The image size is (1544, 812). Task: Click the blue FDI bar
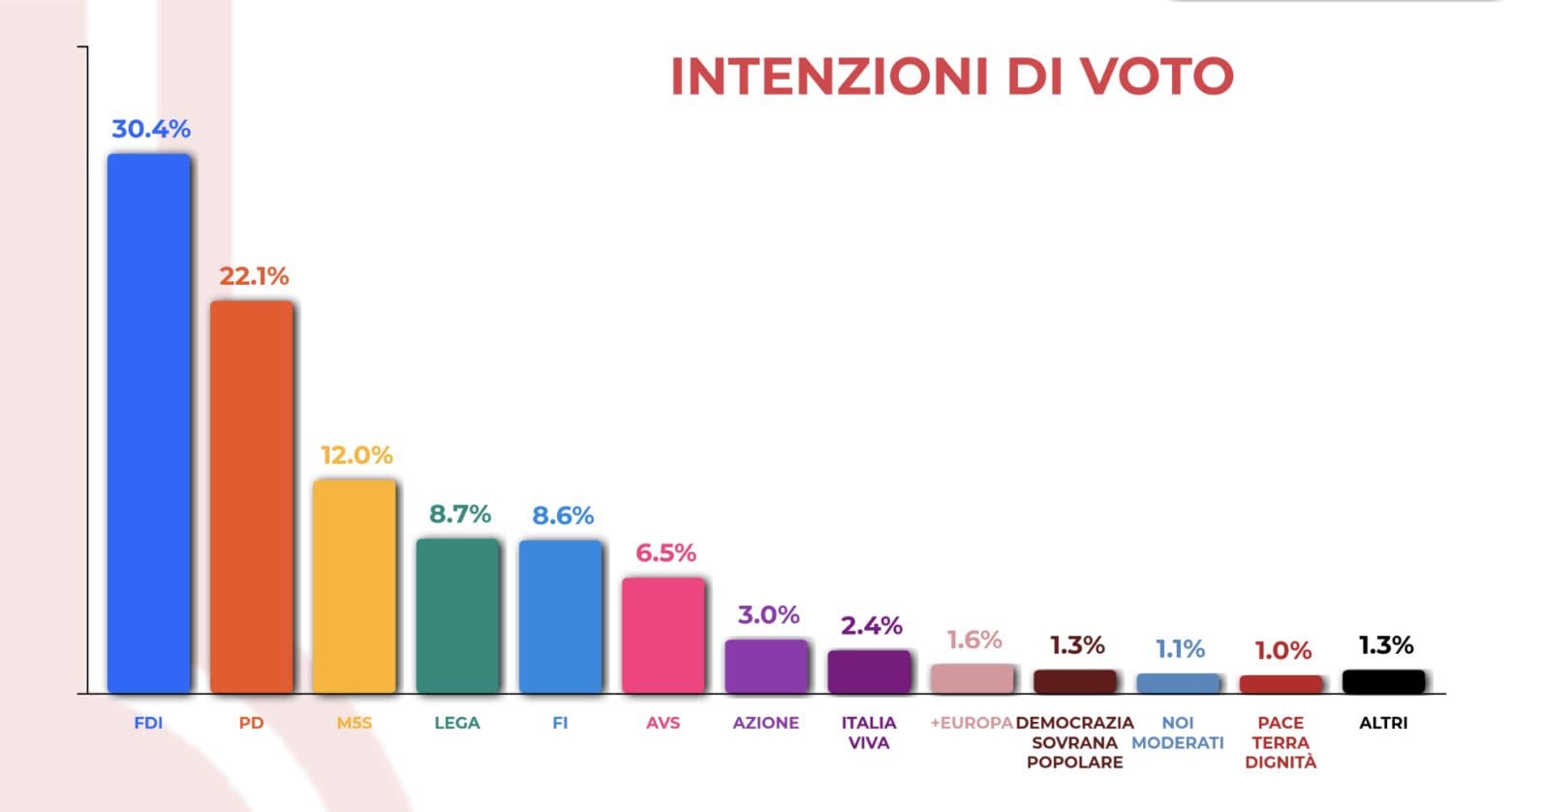148,423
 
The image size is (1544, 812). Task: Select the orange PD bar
251,496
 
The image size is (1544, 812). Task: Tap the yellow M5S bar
355,586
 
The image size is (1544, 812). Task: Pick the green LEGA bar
457,615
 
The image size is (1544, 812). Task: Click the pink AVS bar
664,635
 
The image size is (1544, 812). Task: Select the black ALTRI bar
1383,681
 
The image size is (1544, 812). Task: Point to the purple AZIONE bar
766,666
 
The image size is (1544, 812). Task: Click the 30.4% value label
151,129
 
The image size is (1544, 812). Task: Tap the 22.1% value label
254,276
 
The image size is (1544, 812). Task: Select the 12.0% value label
356,455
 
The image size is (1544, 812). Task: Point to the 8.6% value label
563,515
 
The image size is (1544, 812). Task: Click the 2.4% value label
872,626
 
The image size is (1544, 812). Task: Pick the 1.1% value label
1181,649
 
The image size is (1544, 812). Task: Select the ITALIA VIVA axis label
869,733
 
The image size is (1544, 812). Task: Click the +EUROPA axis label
972,723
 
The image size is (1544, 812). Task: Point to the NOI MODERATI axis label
1178,733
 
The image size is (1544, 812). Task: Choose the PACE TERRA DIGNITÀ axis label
1281,742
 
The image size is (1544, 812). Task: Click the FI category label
560,723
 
